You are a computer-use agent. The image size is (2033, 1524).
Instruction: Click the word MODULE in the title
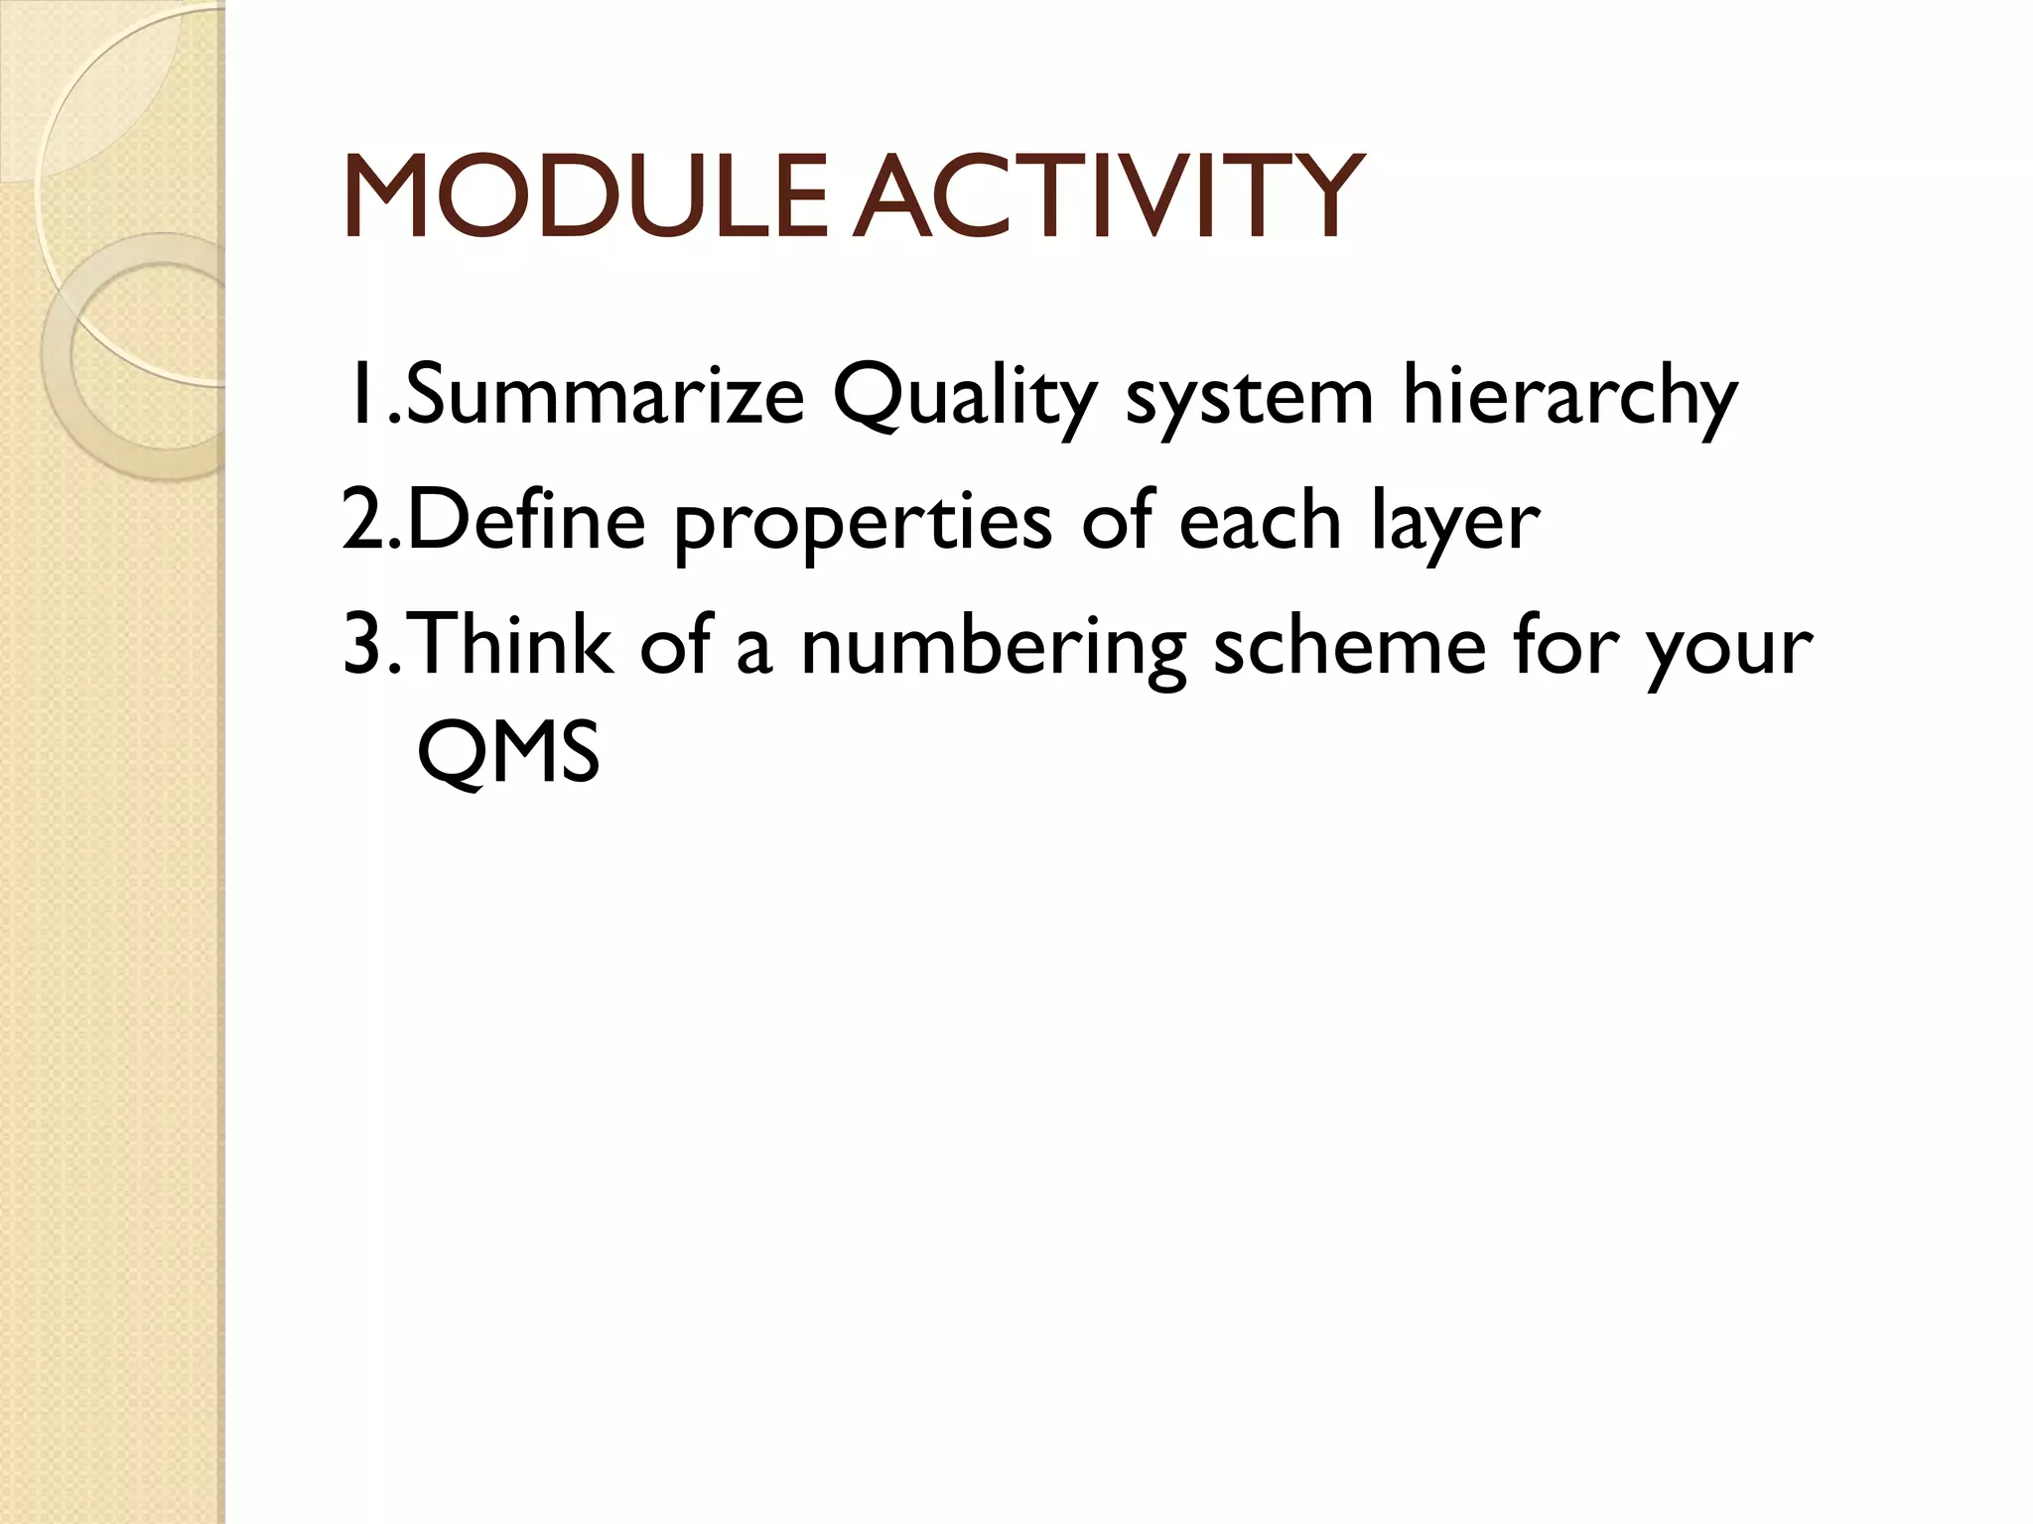pos(586,197)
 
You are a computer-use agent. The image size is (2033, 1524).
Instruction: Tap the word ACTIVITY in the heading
pos(1107,197)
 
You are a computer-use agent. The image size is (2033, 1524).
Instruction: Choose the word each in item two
pos(1260,521)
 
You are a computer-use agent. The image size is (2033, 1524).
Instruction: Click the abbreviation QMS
pos(508,751)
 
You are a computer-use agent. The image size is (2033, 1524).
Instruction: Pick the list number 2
pos(361,521)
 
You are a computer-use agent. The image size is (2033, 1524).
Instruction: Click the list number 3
pos(361,645)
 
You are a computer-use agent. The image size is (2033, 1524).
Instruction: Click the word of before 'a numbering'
pos(675,645)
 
